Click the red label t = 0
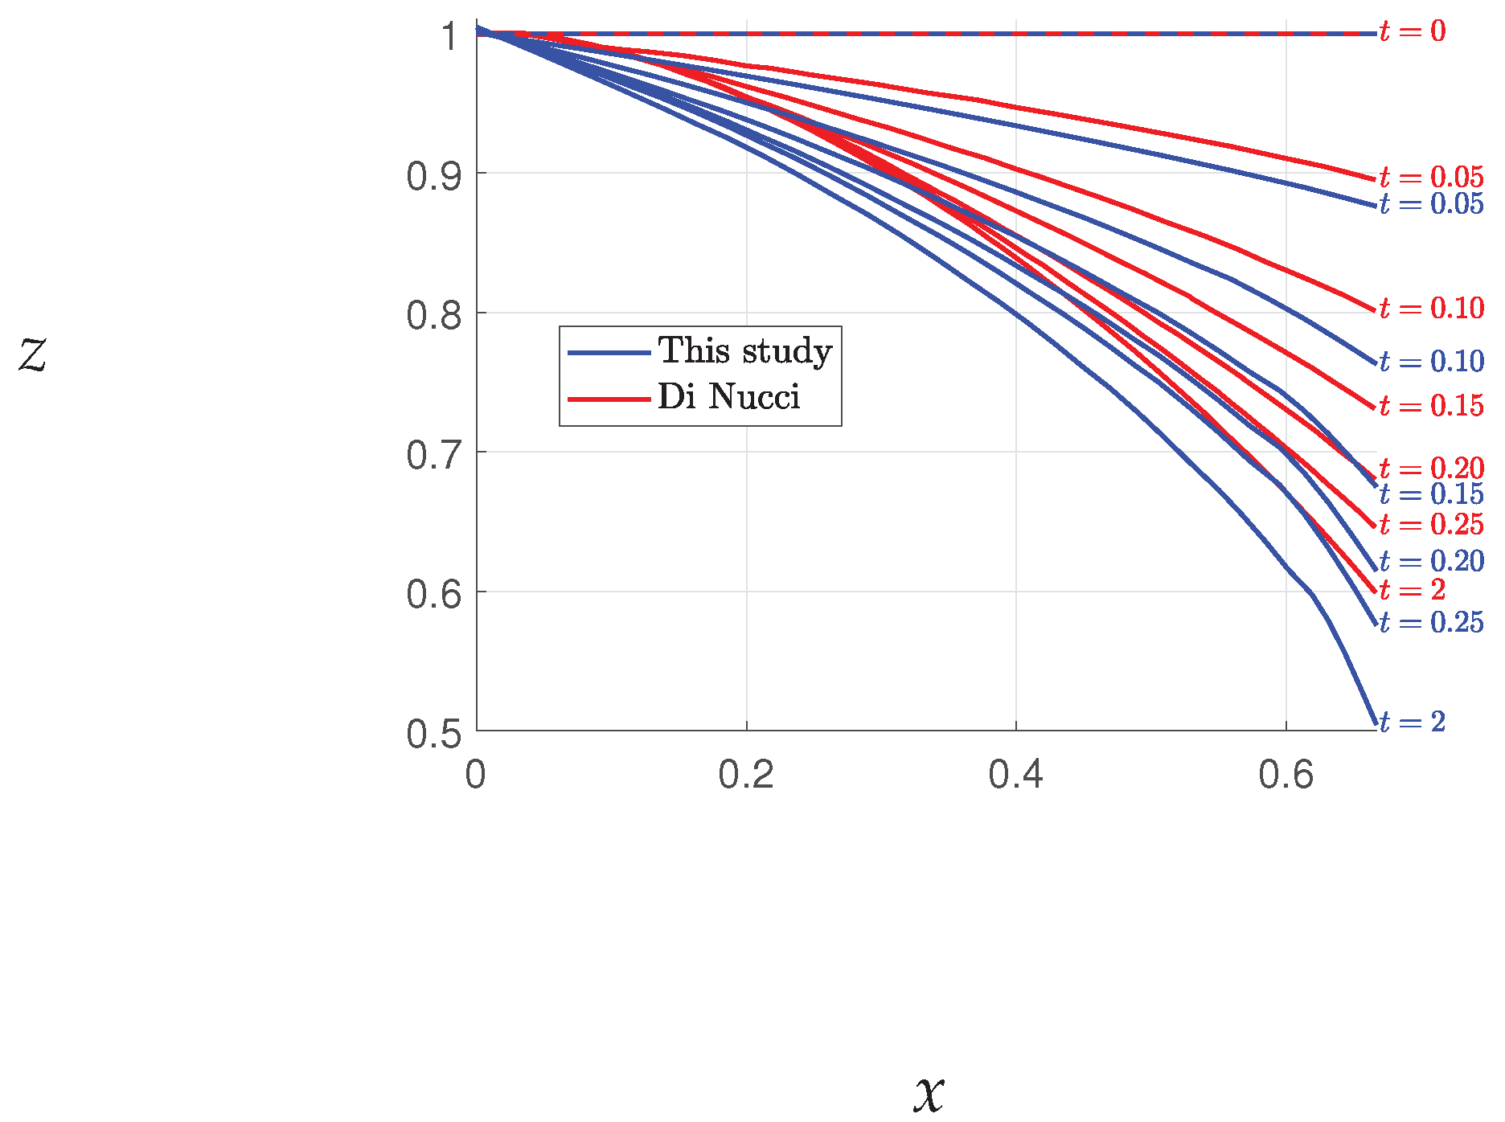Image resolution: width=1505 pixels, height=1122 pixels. (x=1412, y=31)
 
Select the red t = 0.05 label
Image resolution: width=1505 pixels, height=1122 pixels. (x=1431, y=177)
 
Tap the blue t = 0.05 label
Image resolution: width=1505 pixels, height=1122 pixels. (x=1431, y=204)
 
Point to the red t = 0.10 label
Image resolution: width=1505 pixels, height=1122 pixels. (x=1431, y=308)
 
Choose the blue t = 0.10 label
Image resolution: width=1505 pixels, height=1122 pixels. (x=1431, y=362)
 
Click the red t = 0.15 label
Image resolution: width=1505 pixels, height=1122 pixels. (x=1431, y=406)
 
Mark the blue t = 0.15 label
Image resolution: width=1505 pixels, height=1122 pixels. (x=1431, y=494)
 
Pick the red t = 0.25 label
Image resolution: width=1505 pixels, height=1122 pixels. (x=1431, y=525)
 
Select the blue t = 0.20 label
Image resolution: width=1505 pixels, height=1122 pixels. (x=1431, y=561)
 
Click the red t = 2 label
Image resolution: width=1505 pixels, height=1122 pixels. (x=1412, y=590)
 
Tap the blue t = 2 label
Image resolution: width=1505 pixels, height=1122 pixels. (x=1412, y=722)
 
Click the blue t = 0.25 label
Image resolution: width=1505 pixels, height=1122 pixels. (x=1431, y=622)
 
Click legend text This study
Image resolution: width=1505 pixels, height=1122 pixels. (x=744, y=352)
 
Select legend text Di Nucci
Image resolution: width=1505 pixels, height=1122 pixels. (x=728, y=397)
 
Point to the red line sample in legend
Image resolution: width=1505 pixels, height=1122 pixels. (x=608, y=399)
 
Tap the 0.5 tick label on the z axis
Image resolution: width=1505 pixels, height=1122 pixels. (x=433, y=734)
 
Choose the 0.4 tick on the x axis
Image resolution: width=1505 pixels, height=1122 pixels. (x=1015, y=775)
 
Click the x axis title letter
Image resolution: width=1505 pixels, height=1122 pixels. (x=929, y=1093)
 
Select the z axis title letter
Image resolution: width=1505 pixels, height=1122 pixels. (x=33, y=354)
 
